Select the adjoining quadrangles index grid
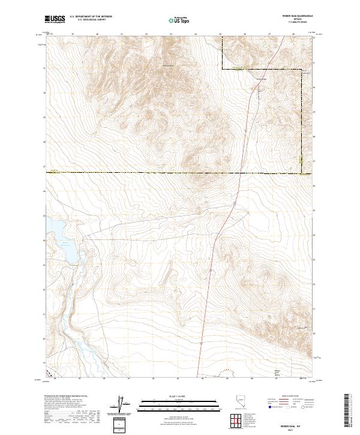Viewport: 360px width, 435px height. coord(239,422)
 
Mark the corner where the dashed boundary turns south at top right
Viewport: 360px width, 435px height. coord(221,70)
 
